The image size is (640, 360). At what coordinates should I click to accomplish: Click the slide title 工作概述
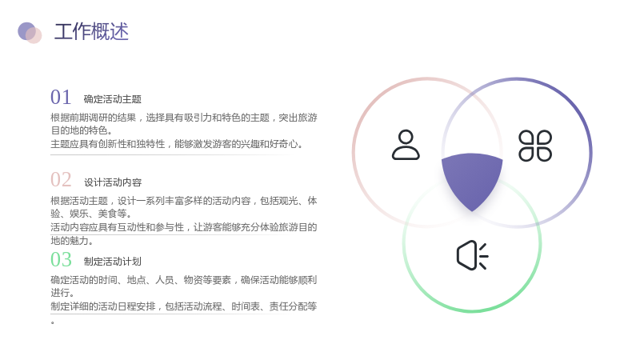[x=91, y=31]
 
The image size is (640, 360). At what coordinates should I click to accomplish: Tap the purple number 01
[x=61, y=97]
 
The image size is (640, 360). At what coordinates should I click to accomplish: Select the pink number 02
[x=61, y=179]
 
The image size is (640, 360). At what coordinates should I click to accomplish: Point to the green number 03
[x=61, y=259]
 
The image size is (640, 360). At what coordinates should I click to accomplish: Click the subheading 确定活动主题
[x=113, y=99]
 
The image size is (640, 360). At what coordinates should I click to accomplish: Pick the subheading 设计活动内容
[x=113, y=182]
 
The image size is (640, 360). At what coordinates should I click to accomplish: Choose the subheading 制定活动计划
[x=113, y=262]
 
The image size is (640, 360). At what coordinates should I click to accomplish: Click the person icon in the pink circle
[x=406, y=145]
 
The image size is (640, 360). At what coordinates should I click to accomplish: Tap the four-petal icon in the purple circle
[x=535, y=146]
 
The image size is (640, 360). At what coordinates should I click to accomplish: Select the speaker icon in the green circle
[x=472, y=255]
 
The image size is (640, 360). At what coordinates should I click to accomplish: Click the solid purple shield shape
[x=472, y=179]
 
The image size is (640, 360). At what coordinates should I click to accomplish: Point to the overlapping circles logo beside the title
[x=30, y=33]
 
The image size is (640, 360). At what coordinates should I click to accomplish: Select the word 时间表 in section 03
[x=246, y=306]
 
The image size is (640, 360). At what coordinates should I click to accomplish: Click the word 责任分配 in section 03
[x=288, y=306]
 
